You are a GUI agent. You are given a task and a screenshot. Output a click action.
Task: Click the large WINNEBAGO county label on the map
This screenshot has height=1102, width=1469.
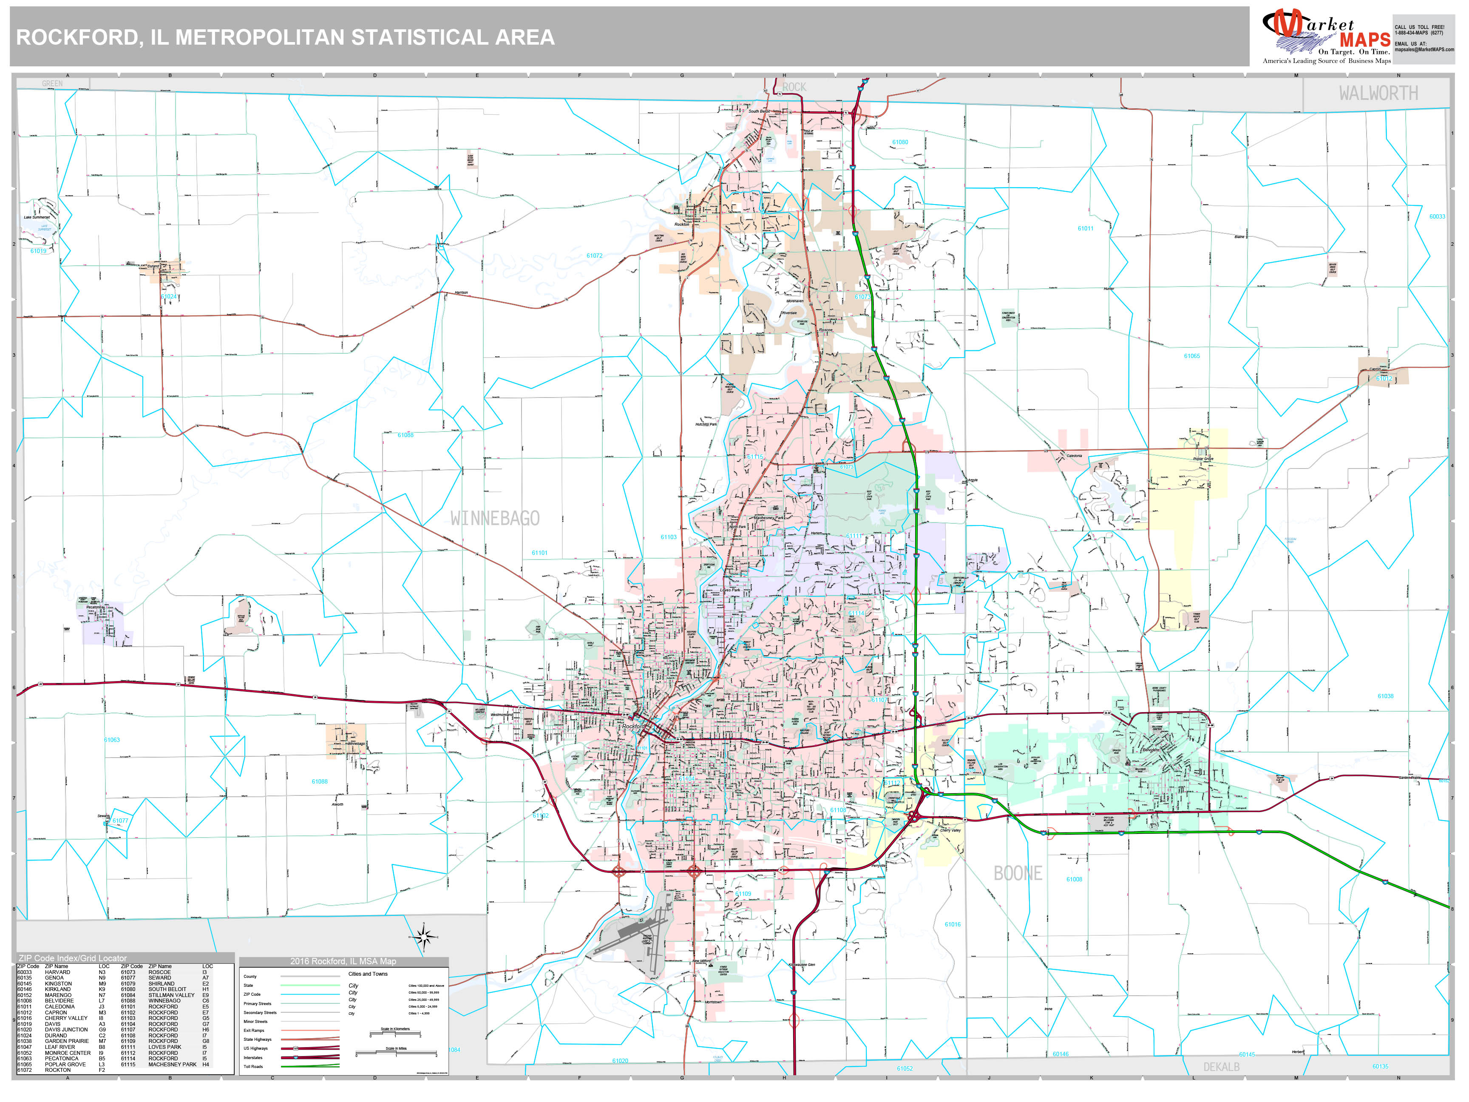click(x=495, y=519)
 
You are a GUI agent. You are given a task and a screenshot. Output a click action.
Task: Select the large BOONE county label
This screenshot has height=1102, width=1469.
click(x=1018, y=874)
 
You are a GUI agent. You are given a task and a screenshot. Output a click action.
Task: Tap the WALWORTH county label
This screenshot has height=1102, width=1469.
click(x=1378, y=94)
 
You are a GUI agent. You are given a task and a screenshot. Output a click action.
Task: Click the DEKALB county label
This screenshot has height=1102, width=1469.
click(x=1221, y=1067)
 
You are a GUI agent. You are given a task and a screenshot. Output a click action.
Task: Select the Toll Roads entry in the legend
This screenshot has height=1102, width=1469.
click(x=253, y=1067)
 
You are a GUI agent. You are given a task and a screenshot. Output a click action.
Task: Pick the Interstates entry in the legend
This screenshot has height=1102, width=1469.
click(x=253, y=1057)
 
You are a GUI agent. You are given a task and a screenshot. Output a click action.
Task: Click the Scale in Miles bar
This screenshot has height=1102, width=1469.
click(x=397, y=1054)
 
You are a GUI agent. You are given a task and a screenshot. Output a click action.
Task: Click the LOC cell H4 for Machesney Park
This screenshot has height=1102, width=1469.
click(x=206, y=1064)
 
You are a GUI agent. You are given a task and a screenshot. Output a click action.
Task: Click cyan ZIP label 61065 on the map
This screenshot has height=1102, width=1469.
click(x=1191, y=356)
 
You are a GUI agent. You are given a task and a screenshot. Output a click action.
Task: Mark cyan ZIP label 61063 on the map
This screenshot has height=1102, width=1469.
click(x=111, y=739)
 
